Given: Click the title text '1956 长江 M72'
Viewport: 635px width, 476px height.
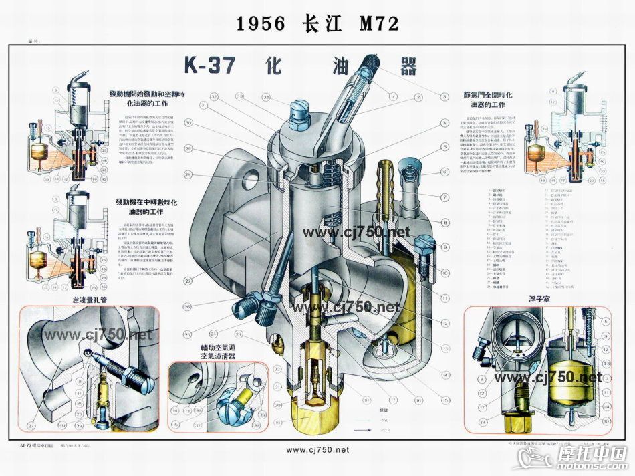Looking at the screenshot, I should [x=317, y=24].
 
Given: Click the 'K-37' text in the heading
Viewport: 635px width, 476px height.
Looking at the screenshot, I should [x=209, y=66].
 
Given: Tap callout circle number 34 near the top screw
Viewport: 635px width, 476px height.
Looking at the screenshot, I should [x=266, y=98].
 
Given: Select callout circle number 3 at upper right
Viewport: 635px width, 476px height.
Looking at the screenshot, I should [x=443, y=96].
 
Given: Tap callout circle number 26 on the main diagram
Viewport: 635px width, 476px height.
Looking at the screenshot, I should [x=188, y=307].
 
